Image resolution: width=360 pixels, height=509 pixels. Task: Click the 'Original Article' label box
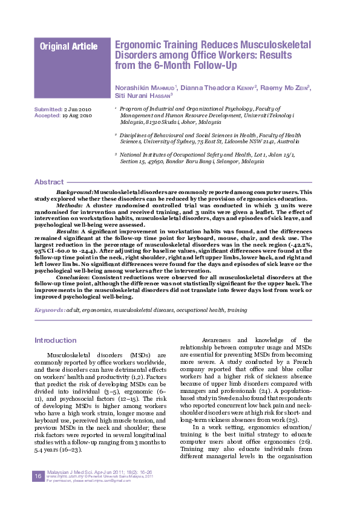pyautogui.click(x=68, y=46)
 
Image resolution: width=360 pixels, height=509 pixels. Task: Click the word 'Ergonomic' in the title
pyautogui.click(x=137, y=45)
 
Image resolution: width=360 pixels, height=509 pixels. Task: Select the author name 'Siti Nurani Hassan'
pyautogui.click(x=143, y=96)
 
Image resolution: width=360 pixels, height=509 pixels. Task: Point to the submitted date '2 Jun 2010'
pyautogui.click(x=77, y=109)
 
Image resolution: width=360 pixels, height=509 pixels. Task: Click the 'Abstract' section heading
pyautogui.click(x=49, y=182)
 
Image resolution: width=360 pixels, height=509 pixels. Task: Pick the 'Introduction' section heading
pyautogui.click(x=55, y=340)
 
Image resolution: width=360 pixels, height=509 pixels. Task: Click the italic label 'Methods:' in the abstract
pyautogui.click(x=70, y=205)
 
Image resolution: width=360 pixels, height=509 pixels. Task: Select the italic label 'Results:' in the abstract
pyautogui.click(x=67, y=230)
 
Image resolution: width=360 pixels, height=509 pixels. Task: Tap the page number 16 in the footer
pyautogui.click(x=38, y=476)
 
